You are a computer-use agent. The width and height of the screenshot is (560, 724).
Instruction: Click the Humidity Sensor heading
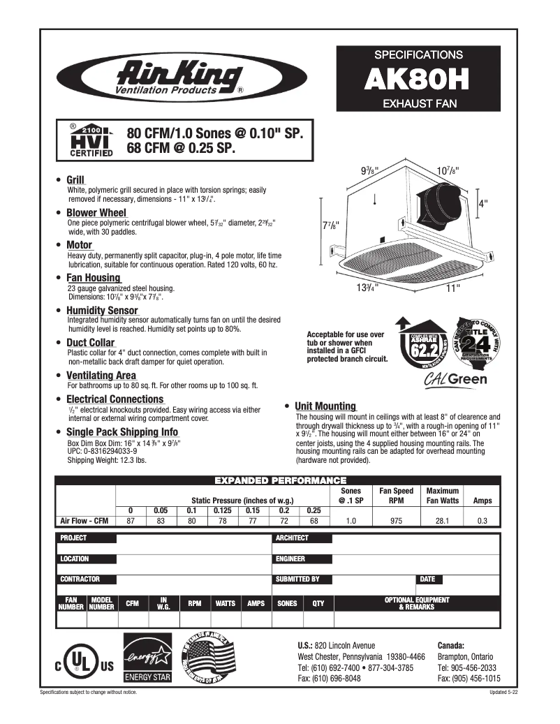pos(102,310)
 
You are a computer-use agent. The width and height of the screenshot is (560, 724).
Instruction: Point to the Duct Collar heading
pos(91,343)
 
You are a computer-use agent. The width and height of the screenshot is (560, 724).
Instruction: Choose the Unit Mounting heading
pos(325,406)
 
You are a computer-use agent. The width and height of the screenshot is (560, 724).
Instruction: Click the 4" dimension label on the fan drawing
pos(482,203)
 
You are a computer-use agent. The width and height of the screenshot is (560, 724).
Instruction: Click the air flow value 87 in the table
pos(131,521)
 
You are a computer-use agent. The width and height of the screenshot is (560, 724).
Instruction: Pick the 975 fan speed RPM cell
pos(396,521)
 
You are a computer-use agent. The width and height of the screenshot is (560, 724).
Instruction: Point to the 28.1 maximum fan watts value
pos(442,521)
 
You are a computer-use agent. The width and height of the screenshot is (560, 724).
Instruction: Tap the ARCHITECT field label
pos(292,538)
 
